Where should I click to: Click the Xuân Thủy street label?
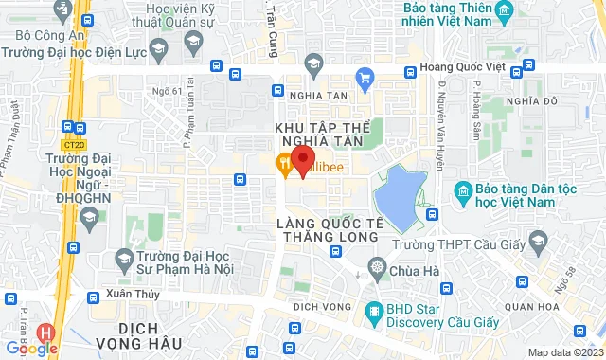coord(129,294)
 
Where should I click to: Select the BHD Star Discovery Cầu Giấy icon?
coord(376,309)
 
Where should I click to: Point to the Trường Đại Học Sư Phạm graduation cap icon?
coord(123,258)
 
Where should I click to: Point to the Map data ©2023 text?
coord(564,352)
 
